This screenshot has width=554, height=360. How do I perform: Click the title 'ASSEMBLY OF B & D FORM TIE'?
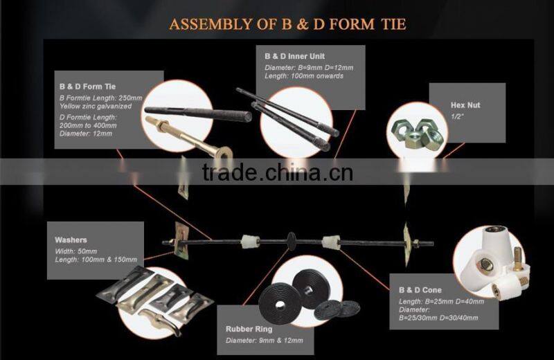287,24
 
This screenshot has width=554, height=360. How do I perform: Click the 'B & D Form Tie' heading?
87,87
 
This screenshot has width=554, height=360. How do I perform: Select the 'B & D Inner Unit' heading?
294,55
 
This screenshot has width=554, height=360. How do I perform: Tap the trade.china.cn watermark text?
277,171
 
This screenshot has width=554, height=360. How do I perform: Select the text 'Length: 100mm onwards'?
304,75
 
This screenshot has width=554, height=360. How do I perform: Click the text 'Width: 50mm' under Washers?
75,251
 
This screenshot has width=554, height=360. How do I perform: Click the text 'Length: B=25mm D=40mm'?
441,300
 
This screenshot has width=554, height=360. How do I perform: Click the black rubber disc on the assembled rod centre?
292,243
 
